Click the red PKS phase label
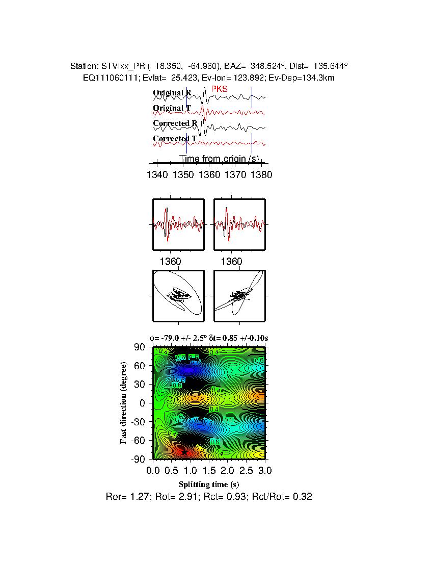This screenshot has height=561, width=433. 219,89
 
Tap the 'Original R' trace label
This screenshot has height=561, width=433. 172,93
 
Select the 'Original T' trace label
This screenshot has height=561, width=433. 172,108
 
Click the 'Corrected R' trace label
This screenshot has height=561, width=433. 175,123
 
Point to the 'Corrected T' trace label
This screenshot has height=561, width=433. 175,139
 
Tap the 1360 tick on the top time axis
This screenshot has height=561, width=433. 209,175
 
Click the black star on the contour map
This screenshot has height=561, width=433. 184,452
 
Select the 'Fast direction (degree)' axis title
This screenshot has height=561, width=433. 124,403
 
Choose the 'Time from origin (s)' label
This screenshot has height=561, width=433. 219,159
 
